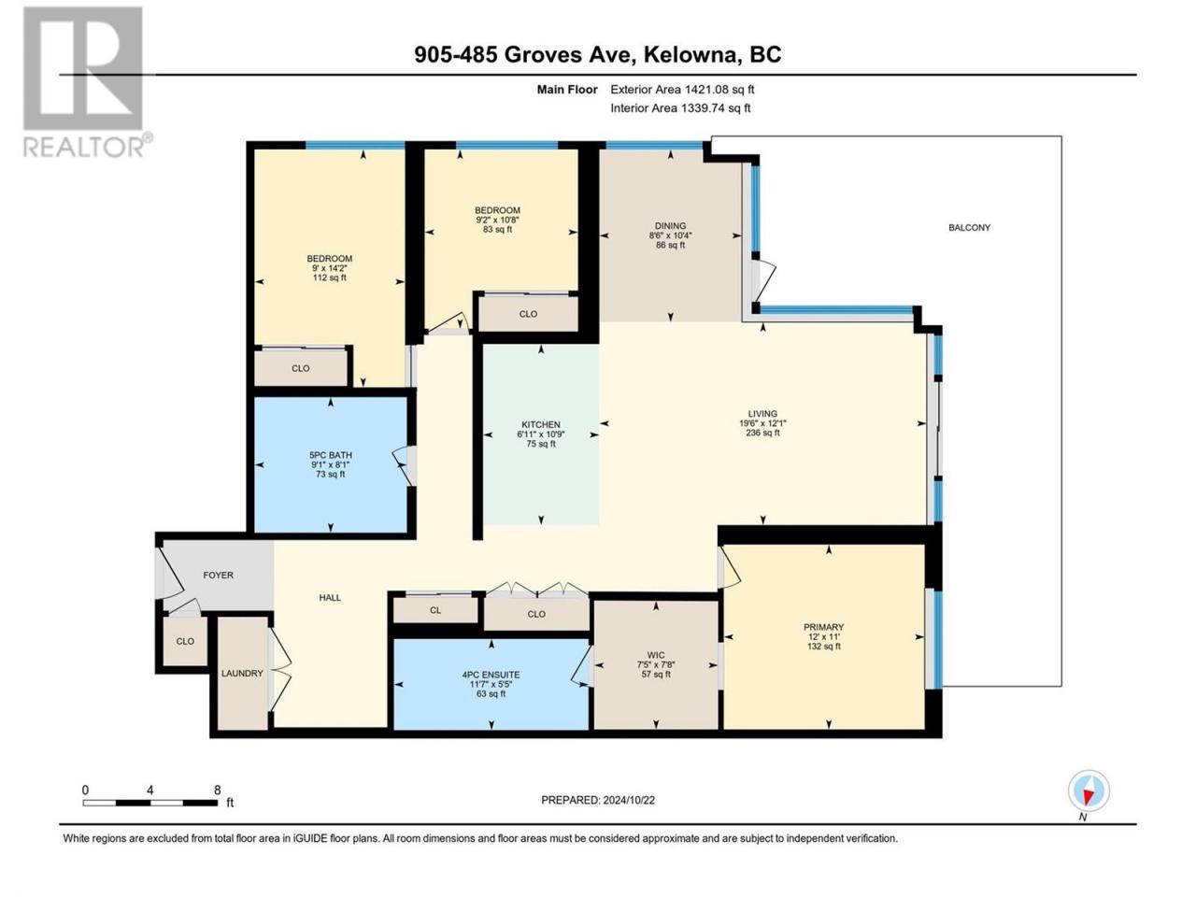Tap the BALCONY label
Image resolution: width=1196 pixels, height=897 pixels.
point(969,228)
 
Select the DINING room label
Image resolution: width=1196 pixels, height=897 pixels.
point(670,225)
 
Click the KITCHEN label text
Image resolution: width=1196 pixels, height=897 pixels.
point(540,424)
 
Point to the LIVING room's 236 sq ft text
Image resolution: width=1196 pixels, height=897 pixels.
point(762,433)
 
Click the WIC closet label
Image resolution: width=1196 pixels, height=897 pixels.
point(656,655)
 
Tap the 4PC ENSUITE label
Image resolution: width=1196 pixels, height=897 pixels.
point(491,675)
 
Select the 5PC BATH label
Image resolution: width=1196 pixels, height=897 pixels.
point(330,455)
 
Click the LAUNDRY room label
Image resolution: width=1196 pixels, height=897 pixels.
point(242,673)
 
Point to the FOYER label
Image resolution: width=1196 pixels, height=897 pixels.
point(218,576)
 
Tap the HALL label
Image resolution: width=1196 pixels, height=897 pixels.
point(330,597)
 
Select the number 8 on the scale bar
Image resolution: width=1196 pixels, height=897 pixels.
point(217,790)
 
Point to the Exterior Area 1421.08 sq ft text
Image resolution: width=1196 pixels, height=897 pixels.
point(682,90)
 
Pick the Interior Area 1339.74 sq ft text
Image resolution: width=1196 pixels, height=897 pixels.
point(680,107)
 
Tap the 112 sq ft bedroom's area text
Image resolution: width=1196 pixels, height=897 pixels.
point(329,278)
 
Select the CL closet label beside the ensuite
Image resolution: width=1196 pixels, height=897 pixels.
point(434,610)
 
